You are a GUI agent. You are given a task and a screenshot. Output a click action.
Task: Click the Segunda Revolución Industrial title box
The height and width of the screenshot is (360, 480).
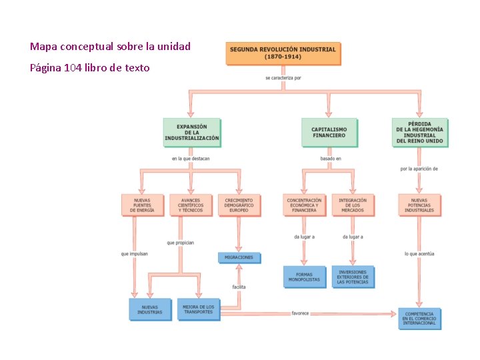(x=283, y=53)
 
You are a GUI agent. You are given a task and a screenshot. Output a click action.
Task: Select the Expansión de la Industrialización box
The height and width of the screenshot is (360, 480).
(x=192, y=132)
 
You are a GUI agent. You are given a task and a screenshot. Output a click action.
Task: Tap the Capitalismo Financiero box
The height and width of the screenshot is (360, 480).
(x=329, y=132)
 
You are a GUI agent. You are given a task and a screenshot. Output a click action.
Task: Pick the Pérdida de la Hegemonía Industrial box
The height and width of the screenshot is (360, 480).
(x=419, y=132)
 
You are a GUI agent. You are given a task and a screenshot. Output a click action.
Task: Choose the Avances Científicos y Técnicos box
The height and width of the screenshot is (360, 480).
(x=191, y=205)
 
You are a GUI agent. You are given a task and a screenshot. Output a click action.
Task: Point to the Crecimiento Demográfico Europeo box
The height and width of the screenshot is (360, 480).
(x=239, y=205)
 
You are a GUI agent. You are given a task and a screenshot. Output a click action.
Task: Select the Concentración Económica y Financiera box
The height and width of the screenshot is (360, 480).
(x=304, y=205)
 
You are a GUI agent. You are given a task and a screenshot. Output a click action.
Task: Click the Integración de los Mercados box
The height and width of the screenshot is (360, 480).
(x=353, y=205)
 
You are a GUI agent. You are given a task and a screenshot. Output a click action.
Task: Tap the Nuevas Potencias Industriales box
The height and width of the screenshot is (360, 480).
(x=419, y=205)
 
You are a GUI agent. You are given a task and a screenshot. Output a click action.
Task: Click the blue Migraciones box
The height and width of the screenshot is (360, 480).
(x=239, y=257)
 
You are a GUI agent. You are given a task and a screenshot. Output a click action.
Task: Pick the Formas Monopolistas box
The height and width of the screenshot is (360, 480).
(x=304, y=277)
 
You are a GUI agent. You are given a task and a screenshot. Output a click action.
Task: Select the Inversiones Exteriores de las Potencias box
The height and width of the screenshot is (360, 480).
(x=353, y=277)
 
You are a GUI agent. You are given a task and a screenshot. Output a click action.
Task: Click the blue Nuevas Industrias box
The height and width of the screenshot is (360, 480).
(x=150, y=309)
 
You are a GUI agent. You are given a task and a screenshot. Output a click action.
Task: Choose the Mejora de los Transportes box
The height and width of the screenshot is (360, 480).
(x=198, y=309)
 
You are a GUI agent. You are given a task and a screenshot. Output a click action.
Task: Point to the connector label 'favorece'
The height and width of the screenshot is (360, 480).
(x=300, y=313)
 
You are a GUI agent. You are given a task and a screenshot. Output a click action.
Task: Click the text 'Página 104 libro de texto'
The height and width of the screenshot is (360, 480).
(x=89, y=67)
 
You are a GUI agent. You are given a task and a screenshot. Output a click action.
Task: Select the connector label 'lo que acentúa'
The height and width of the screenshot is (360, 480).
(x=419, y=254)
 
